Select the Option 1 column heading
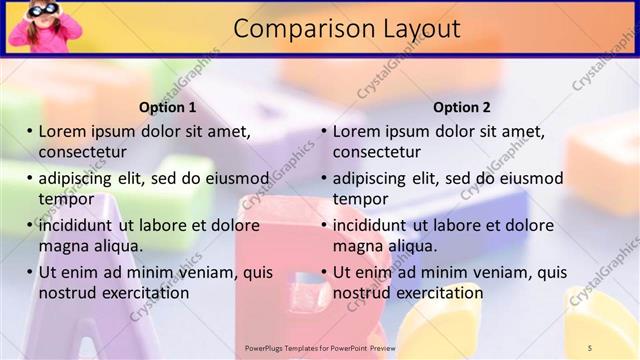pyautogui.click(x=168, y=107)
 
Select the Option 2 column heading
pyautogui.click(x=462, y=107)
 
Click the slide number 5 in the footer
pyautogui.click(x=591, y=348)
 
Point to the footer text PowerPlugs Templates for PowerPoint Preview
pyautogui.click(x=320, y=348)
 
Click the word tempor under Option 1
pyautogui.click(x=66, y=198)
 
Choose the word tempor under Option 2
pyautogui.click(x=360, y=198)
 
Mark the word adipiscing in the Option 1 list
pyautogui.click(x=81, y=179)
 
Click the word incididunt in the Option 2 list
pyautogui.click(x=369, y=225)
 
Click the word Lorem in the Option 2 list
pyautogui.click(x=356, y=131)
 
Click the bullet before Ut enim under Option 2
pyautogui.click(x=324, y=272)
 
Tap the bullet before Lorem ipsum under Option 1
pyautogui.click(x=30, y=131)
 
